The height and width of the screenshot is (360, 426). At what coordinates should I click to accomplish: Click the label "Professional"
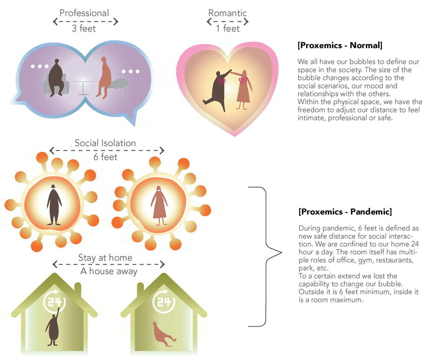(84, 13)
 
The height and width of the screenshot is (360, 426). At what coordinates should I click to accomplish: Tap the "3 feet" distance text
(84, 28)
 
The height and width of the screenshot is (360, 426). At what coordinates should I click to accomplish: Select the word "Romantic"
(227, 13)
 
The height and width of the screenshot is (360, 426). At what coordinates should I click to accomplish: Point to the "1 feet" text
(228, 28)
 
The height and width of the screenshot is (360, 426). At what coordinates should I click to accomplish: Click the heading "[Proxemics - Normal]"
(340, 45)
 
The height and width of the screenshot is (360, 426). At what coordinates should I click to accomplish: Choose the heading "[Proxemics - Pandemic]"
(345, 211)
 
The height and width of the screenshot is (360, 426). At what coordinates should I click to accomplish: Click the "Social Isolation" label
(105, 143)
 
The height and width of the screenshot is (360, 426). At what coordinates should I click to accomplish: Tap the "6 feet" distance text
(105, 157)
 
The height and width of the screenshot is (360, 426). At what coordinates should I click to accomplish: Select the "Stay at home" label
(105, 257)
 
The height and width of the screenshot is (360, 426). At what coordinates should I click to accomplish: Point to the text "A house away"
(108, 271)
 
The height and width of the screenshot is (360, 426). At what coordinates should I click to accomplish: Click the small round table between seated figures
(83, 88)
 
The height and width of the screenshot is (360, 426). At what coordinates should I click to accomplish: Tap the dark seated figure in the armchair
(56, 78)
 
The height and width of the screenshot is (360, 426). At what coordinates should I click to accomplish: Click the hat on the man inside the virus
(53, 186)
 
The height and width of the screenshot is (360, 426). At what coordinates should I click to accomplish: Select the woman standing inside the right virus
(159, 206)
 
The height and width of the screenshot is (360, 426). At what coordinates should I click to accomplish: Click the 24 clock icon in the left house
(54, 301)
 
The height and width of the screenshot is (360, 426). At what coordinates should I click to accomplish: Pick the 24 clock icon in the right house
(164, 301)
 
